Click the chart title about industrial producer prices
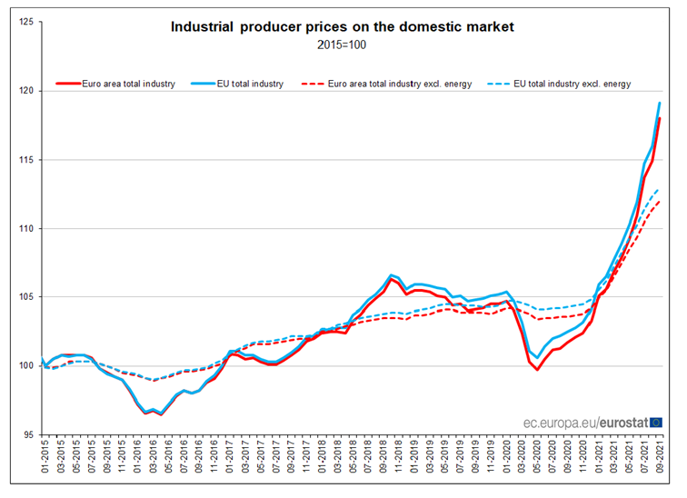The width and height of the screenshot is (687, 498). click(x=343, y=27)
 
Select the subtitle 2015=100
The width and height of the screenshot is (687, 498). click(x=343, y=45)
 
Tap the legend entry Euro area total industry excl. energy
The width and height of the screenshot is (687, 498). click(x=399, y=84)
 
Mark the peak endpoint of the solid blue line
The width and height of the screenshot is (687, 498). click(x=659, y=103)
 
